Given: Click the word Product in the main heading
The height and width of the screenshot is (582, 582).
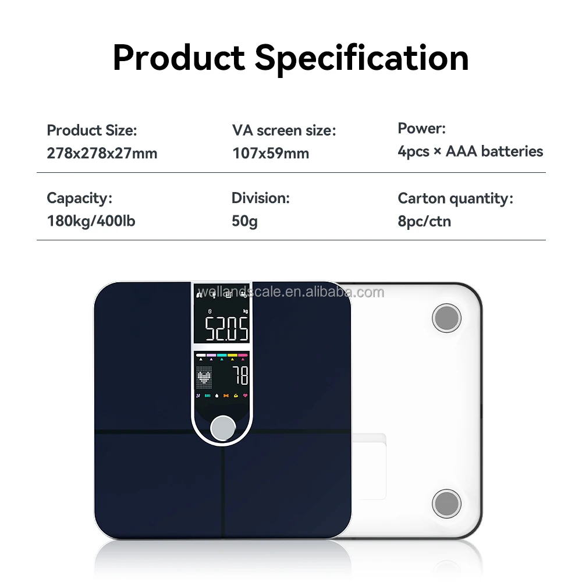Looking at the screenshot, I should click(x=179, y=58).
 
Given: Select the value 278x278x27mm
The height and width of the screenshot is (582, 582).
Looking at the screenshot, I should click(x=102, y=154).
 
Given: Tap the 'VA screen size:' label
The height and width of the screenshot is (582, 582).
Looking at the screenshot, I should click(x=284, y=130).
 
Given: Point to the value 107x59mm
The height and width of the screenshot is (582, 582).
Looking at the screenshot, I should click(x=271, y=154).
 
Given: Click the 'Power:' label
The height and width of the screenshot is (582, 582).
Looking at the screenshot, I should click(x=421, y=129).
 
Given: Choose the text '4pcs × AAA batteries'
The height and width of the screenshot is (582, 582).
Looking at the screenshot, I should click(x=470, y=152).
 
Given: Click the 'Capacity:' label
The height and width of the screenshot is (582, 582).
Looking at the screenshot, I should click(x=79, y=198).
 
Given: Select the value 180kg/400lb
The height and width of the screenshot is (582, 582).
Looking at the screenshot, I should click(x=91, y=221).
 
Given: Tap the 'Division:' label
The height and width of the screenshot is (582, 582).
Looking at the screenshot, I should click(x=260, y=198).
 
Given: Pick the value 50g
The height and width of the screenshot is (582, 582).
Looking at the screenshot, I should click(x=244, y=221).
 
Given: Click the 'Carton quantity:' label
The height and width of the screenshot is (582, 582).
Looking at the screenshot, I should click(x=455, y=198).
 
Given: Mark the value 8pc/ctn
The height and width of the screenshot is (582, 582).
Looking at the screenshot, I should click(x=424, y=221).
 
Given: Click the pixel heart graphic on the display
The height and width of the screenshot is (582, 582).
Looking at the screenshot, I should click(x=204, y=378).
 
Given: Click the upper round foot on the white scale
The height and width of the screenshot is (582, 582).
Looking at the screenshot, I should click(x=446, y=318).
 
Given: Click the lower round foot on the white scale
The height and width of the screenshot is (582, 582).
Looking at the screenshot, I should click(x=446, y=503).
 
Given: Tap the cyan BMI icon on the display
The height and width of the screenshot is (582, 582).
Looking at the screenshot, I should click(x=207, y=396).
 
